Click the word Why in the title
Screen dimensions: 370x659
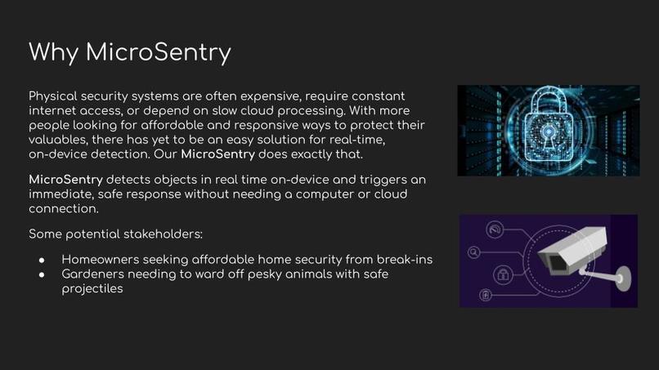(54, 52)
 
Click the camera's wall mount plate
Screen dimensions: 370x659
(619, 279)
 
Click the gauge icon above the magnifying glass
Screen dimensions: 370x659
(494, 231)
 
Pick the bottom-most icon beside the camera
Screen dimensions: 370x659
(486, 294)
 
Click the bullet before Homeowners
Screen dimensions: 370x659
(43, 260)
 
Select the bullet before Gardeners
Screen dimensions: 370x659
(43, 274)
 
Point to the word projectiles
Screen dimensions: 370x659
(92, 288)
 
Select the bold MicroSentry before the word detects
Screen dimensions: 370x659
(65, 179)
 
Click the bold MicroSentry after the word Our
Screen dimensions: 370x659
(217, 154)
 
